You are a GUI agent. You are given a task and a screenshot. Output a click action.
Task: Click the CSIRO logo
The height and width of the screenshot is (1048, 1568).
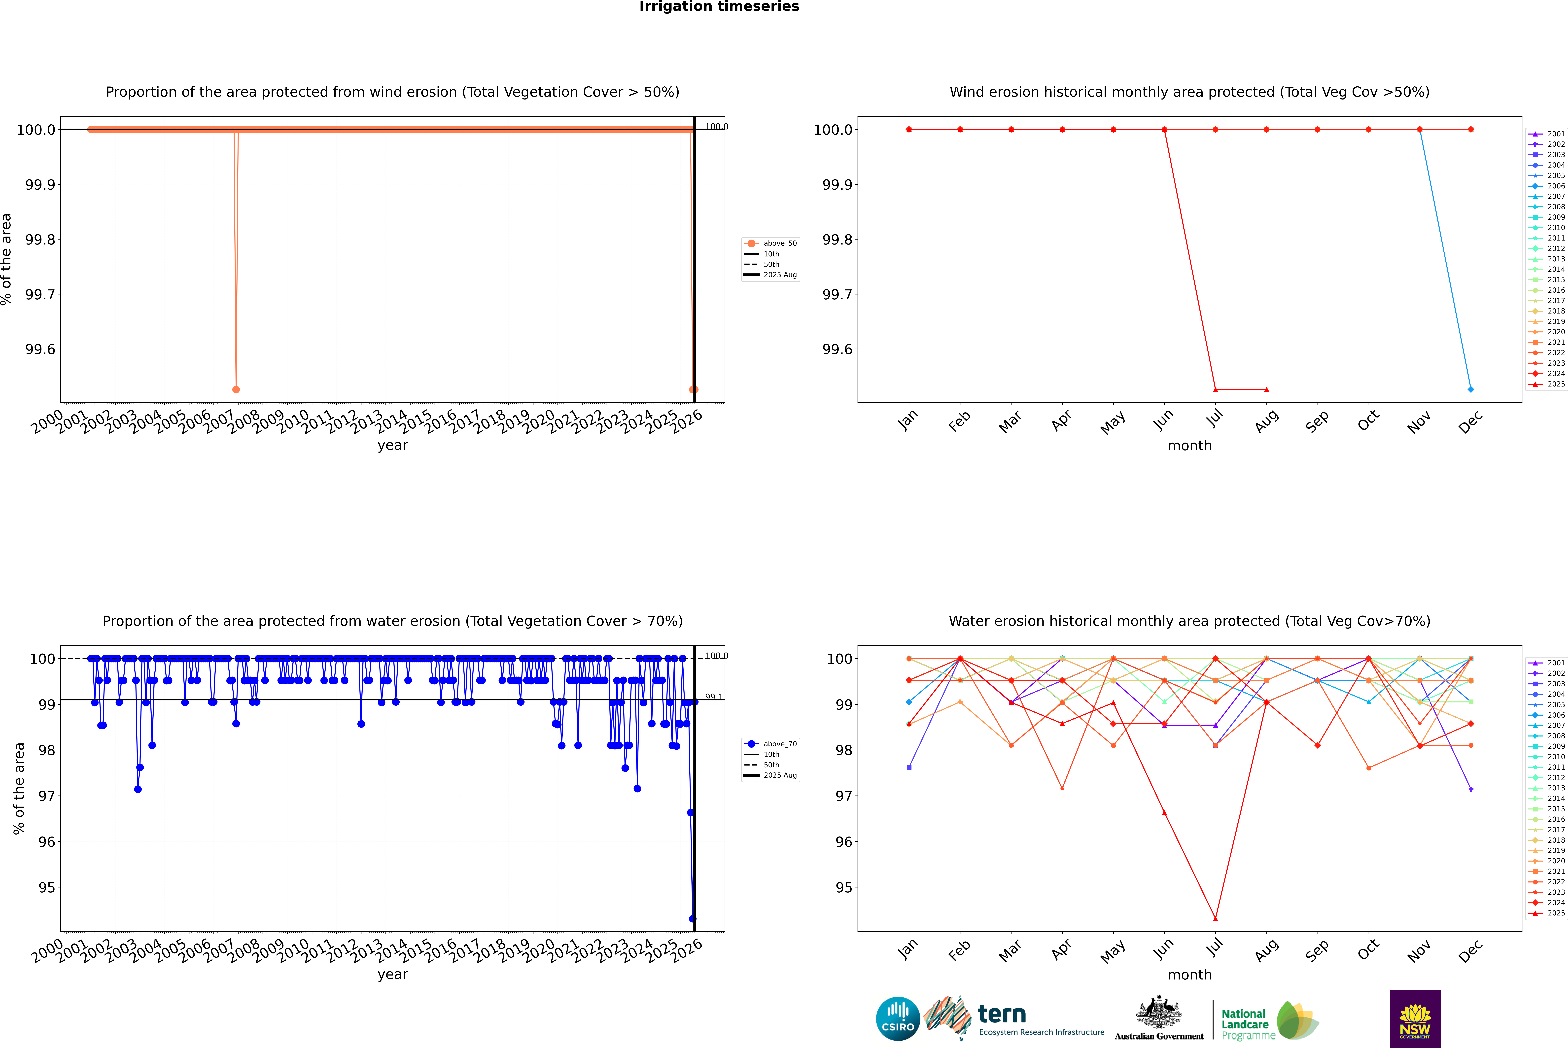click(898, 1019)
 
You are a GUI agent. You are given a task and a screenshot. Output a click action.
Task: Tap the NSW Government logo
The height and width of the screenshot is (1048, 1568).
click(1415, 1019)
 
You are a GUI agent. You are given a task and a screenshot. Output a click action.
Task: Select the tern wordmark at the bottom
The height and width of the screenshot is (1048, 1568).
click(1001, 1015)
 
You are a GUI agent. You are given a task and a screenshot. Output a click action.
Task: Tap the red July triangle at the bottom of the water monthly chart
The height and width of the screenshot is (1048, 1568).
click(1215, 918)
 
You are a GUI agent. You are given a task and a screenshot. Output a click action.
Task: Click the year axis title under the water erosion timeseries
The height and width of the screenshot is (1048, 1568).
click(392, 975)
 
